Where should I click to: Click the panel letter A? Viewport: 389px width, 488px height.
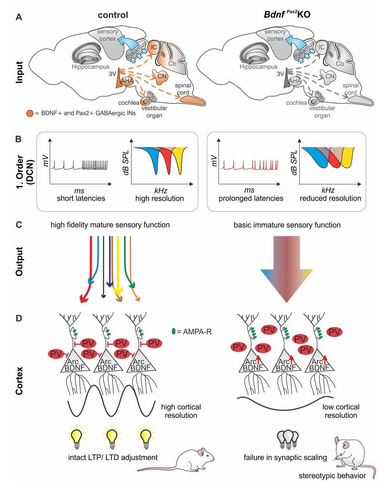[18, 18]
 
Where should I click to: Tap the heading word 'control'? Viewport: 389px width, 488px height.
[113, 15]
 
